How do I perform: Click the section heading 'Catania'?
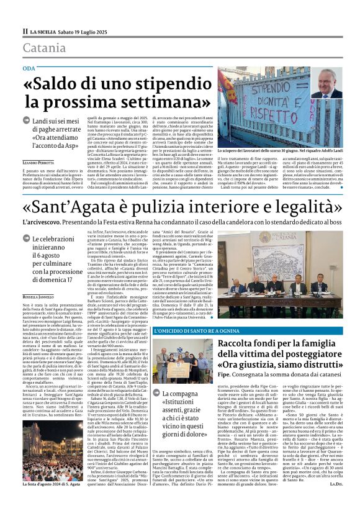pyautogui.click(x=44, y=48)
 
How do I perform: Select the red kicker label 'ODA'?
pyautogui.click(x=29, y=67)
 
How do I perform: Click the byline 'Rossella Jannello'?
pyautogui.click(x=38, y=297)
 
